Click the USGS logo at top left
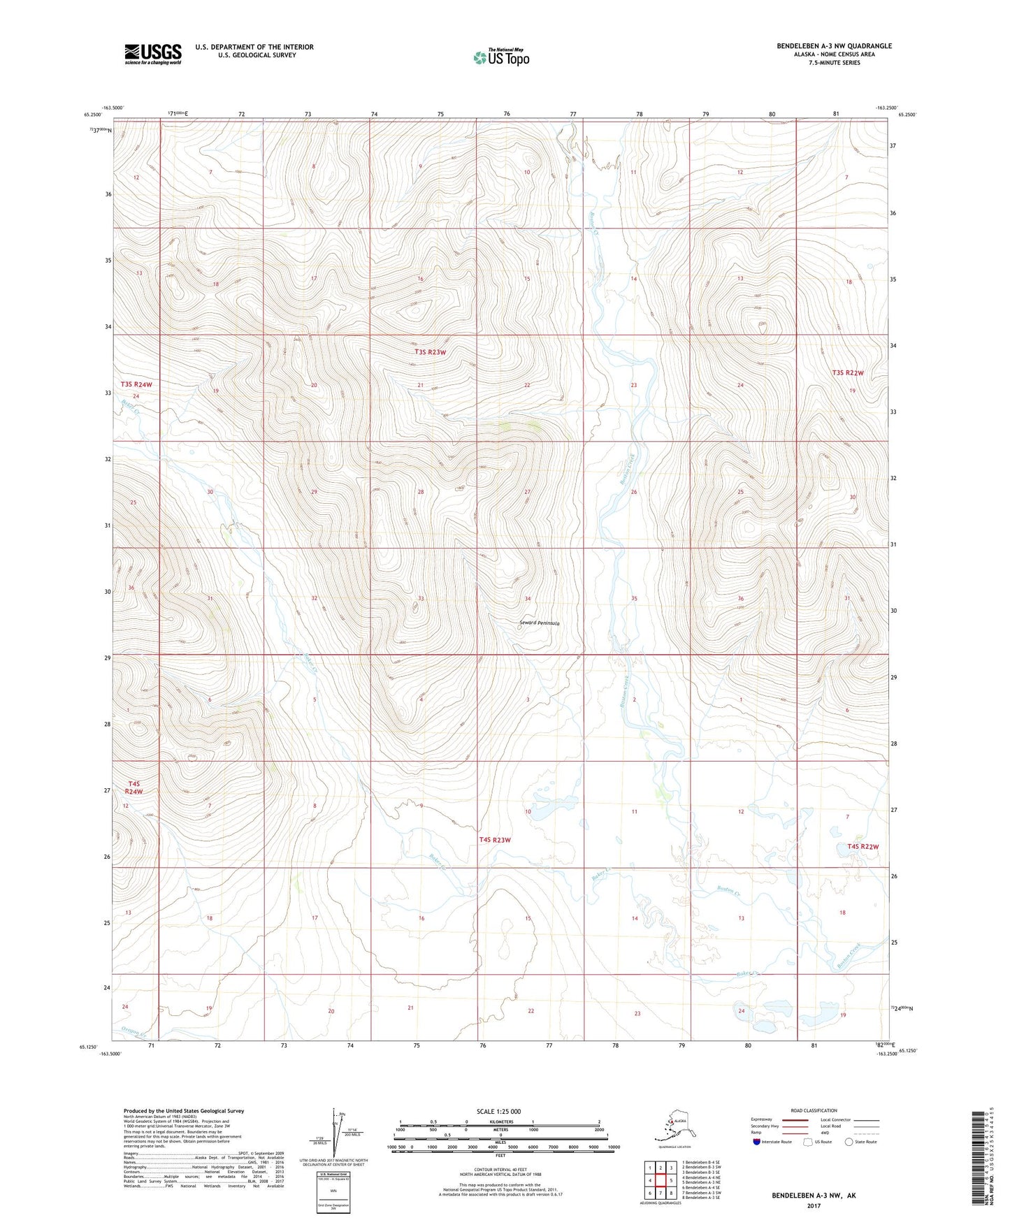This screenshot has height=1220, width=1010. [x=152, y=54]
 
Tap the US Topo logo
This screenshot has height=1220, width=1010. [x=501, y=57]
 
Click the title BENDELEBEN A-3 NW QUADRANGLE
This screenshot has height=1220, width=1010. [x=834, y=46]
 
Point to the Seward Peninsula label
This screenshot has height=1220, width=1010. [x=539, y=623]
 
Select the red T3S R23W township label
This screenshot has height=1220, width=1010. [x=430, y=352]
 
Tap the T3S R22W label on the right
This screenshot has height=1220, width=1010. [x=848, y=373]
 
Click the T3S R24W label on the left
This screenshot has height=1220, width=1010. [x=136, y=384]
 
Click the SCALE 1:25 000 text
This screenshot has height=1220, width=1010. [x=498, y=1112]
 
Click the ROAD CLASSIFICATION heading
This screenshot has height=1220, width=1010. [x=814, y=1110]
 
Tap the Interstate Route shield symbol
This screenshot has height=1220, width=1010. [x=757, y=1142]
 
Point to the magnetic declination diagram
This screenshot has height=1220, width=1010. [x=334, y=1135]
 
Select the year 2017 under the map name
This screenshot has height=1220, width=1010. [x=814, y=1205]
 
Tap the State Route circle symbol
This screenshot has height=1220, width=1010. [x=849, y=1142]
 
